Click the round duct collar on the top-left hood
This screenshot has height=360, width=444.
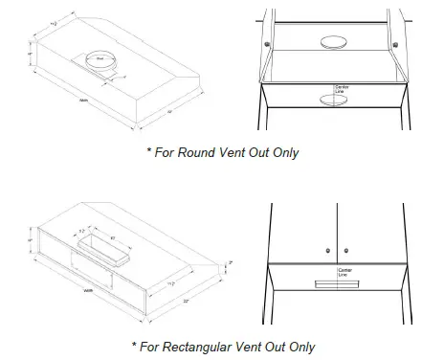(100, 60)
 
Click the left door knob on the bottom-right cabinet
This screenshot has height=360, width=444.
(328, 250)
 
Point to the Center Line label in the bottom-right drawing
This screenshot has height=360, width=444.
(344, 273)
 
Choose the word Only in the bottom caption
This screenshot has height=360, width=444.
(298, 347)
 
